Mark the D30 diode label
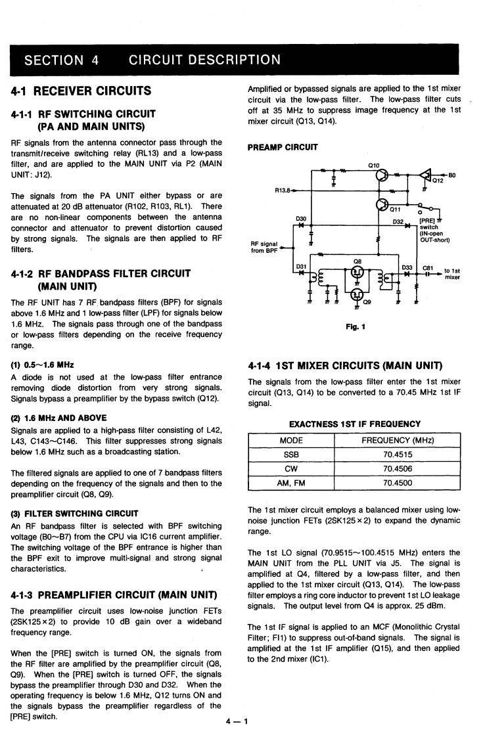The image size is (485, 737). [x=302, y=217]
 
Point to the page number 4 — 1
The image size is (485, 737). [x=237, y=723]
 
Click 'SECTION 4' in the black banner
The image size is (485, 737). [x=61, y=60]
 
